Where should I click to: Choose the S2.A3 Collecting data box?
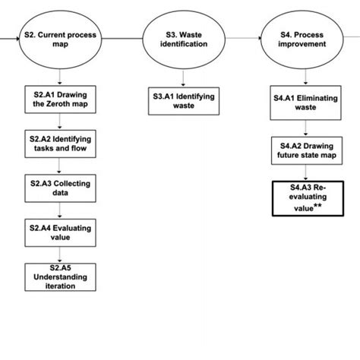coord(61,188)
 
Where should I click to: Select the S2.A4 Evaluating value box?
coord(61,232)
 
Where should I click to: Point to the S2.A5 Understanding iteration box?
coord(61,276)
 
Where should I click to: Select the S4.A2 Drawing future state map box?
coord(305,150)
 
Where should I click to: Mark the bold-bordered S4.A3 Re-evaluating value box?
coord(305,197)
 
